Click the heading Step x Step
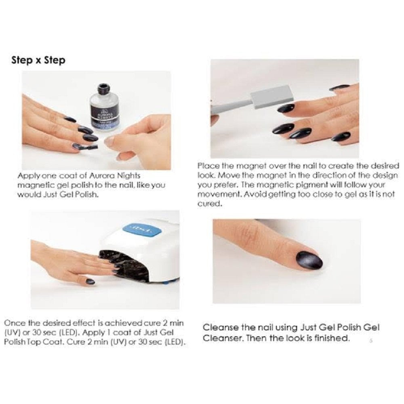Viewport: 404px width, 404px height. tap(38, 60)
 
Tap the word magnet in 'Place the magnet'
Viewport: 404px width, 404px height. tap(238, 166)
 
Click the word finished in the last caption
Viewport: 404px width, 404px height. tap(333, 338)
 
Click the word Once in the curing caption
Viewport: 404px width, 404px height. tap(13, 323)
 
